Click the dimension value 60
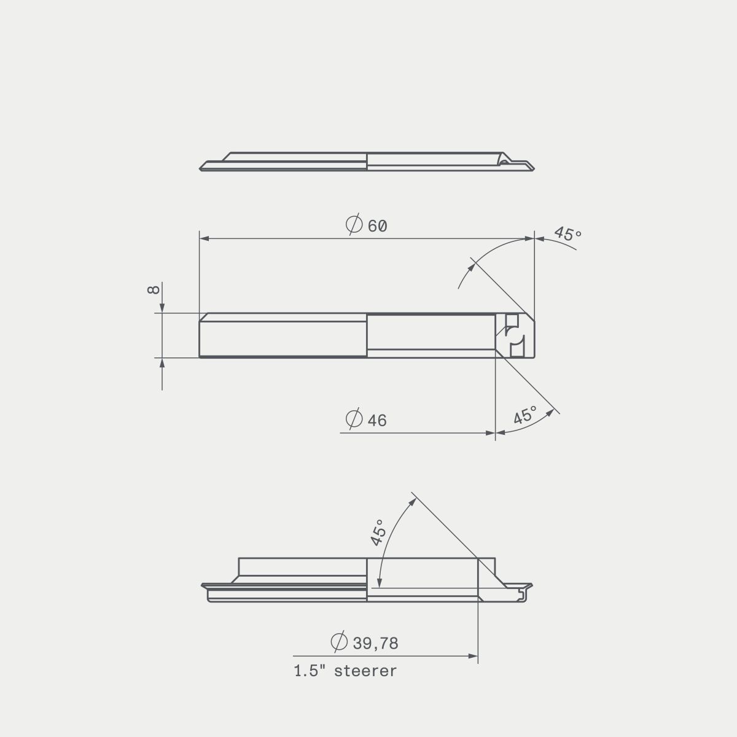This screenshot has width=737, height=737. tap(377, 226)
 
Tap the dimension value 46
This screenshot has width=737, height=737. tap(377, 420)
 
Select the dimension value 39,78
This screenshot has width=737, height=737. tap(375, 643)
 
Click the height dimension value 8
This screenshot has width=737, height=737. tap(154, 289)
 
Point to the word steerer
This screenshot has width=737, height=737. tap(365, 671)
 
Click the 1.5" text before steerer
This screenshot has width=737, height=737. tap(309, 671)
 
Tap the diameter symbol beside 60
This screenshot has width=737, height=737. tap(354, 224)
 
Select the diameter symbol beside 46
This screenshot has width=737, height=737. tap(354, 418)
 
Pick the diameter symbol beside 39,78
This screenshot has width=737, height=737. tap(339, 641)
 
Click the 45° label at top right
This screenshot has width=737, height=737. tap(568, 233)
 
